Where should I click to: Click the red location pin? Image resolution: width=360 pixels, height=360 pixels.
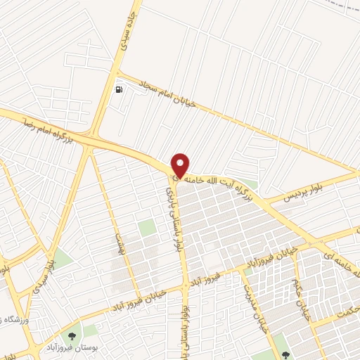[181, 165]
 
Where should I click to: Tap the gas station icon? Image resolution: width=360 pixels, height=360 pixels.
[120, 89]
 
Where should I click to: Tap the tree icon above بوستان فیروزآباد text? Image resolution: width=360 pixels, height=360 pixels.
[71, 335]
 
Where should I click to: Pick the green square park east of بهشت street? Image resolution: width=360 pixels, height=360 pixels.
[146, 227]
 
